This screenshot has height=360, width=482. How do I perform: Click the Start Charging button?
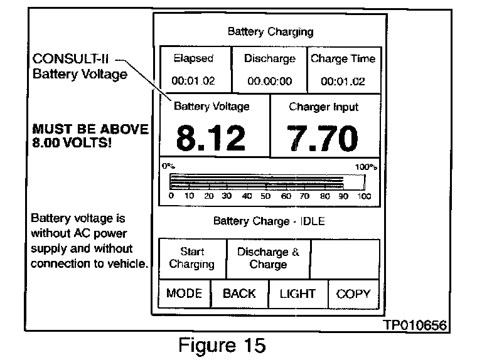pos(191,258)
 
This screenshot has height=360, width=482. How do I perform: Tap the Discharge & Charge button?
pos(268,258)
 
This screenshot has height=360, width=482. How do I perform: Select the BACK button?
pos(239,294)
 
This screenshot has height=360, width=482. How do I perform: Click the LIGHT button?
pos(297,294)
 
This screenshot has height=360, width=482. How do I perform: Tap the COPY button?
pos(353,294)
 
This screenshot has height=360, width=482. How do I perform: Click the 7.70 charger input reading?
pos(323,138)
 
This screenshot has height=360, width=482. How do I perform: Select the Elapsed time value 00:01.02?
pos(194,81)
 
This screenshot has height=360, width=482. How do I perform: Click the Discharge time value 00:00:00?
pos(270,81)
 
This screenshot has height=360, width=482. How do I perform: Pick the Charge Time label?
pos(343,59)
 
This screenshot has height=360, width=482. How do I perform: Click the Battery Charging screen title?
pos(270,31)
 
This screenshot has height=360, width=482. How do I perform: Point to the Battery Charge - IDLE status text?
pos(268,221)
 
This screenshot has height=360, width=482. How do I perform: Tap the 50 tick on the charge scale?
pos(265,196)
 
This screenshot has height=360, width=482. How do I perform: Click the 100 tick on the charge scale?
pos(364,196)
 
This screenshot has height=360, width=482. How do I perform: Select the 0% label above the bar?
pos(168,167)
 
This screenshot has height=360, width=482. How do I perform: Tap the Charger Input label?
pos(323,107)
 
